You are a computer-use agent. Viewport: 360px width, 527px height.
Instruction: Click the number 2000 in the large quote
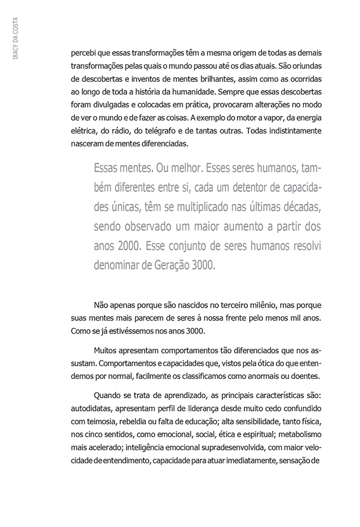(125, 246)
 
